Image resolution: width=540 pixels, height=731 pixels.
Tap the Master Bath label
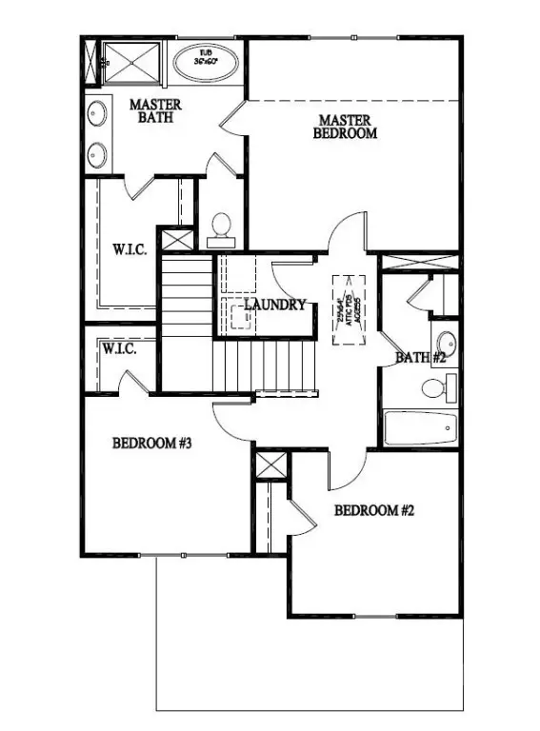(x=155, y=110)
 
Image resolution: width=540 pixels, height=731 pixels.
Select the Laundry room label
(x=274, y=305)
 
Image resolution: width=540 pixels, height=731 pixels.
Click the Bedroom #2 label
(x=374, y=510)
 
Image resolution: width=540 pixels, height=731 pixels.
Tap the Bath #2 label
(x=421, y=358)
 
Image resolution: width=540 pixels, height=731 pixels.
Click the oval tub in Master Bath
(x=206, y=57)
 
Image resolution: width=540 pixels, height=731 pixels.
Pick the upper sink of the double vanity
(x=96, y=113)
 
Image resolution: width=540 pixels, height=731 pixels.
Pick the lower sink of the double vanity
(x=96, y=152)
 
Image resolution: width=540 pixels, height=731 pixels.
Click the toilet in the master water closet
(x=220, y=226)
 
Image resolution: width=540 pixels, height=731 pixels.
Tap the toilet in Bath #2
(x=435, y=387)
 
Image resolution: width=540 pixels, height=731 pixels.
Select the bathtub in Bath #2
(x=420, y=428)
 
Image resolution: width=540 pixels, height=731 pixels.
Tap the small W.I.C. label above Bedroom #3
(x=119, y=349)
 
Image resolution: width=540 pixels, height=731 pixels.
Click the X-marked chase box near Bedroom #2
(x=271, y=466)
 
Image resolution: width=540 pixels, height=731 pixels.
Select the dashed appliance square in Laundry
(x=239, y=315)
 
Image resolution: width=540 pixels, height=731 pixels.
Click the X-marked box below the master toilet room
(x=174, y=239)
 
